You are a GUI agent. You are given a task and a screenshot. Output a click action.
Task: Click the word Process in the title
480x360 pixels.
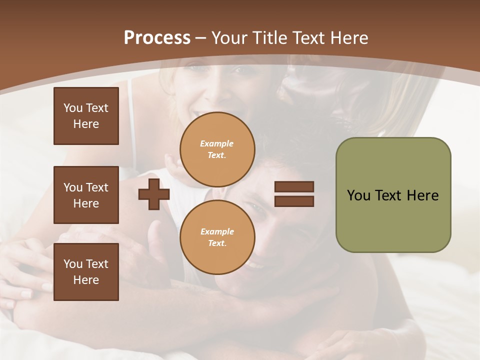tap(157, 38)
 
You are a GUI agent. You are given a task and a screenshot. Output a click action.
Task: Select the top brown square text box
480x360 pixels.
tap(86, 116)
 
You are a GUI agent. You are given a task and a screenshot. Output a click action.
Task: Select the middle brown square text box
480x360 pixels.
tap(86, 195)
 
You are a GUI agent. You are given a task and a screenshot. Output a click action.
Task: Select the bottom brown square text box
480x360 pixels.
tap(86, 272)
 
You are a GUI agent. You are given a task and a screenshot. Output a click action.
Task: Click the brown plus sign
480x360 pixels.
tap(154, 194)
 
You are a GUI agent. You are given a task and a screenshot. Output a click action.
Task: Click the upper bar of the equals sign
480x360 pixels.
tap(294, 187)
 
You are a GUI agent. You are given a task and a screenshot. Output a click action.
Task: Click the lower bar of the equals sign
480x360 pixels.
tap(294, 201)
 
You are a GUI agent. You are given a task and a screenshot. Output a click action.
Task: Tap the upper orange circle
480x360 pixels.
tap(217, 149)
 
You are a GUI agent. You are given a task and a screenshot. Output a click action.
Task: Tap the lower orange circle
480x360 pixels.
tap(217, 237)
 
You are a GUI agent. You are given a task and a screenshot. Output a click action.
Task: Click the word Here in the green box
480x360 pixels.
tap(422, 195)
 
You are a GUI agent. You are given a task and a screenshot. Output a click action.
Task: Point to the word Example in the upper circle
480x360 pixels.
tap(216, 143)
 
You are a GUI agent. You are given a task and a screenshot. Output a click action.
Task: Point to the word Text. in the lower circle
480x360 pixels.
tap(217, 243)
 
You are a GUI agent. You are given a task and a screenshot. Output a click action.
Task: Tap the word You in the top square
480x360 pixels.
tap(73, 108)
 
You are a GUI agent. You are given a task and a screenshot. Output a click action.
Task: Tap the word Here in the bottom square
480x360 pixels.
tap(86, 280)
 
